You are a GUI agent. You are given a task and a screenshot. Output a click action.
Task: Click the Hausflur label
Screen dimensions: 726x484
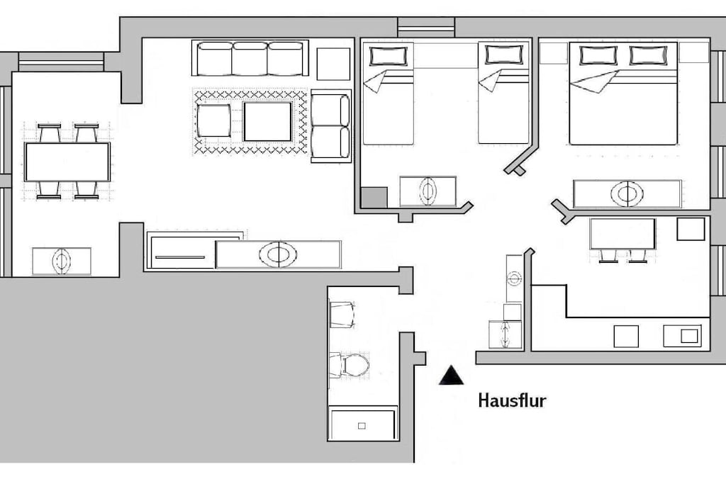coord(512,400)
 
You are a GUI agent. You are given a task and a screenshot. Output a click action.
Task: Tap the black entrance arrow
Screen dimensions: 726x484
coord(451,376)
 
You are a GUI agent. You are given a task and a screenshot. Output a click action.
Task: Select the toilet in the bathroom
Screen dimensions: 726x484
coord(350,365)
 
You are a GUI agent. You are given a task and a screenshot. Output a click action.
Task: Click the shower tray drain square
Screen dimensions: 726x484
coord(362,426)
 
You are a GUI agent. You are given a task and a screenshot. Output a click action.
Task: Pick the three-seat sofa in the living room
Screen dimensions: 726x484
coord(250,58)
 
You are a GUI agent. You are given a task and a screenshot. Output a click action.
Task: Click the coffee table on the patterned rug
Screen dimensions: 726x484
coord(267,122)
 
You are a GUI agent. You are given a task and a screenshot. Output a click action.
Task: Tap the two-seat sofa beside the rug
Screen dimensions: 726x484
coord(330,126)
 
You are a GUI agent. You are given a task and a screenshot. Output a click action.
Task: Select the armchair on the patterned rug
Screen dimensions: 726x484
coord(213,120)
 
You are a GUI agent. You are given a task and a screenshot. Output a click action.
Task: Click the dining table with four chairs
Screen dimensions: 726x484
coord(67,162)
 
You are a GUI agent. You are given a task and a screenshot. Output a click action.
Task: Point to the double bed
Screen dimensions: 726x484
coord(623,94)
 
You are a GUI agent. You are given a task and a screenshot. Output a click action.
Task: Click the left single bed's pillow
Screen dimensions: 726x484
coord(388,56)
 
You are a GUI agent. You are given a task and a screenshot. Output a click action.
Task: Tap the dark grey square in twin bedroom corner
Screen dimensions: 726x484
coord(374,198)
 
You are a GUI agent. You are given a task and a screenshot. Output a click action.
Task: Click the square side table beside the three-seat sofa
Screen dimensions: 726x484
coord(333,64)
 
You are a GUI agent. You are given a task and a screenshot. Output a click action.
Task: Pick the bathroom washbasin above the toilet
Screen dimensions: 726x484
coord(342,315)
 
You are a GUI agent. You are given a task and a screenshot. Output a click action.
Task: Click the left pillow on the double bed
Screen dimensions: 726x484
coord(598,55)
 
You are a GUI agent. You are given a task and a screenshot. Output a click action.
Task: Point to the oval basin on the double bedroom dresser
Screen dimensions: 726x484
coord(627,194)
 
